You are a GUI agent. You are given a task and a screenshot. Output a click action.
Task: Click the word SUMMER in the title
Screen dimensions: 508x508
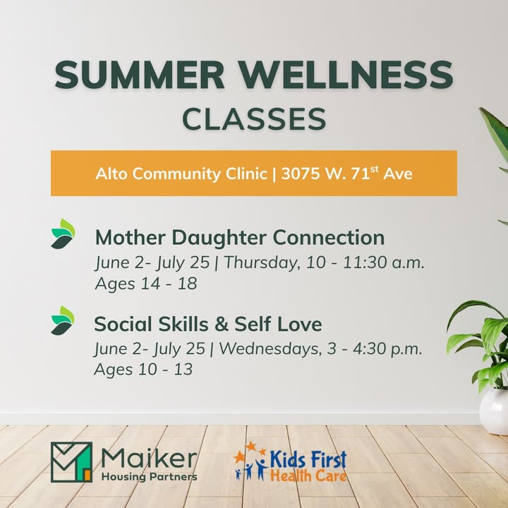[140, 75]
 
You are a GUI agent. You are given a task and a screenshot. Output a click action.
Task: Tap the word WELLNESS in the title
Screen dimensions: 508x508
[346, 75]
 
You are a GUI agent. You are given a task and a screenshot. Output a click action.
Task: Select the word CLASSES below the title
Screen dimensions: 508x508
[254, 119]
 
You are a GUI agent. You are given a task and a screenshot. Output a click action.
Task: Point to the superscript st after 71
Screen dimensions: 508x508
[374, 169]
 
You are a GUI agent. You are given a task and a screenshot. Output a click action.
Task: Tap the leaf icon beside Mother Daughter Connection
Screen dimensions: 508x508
[64, 234]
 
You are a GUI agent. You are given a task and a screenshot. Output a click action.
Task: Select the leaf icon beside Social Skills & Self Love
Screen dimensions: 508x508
[63, 320]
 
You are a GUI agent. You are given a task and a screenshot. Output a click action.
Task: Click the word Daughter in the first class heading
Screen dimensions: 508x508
[219, 238]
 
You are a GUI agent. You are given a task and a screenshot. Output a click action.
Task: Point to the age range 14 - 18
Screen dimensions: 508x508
[169, 284]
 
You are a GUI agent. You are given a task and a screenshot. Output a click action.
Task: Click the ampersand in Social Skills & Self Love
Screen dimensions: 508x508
[222, 324]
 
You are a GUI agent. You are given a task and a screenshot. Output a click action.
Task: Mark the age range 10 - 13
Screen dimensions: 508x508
[166, 369]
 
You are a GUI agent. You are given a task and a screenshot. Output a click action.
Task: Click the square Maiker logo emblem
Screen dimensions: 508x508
[71, 462]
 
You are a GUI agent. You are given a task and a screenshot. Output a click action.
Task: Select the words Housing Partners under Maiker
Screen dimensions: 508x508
[150, 477]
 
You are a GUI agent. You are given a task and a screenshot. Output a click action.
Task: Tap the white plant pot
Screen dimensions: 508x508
[494, 411]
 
